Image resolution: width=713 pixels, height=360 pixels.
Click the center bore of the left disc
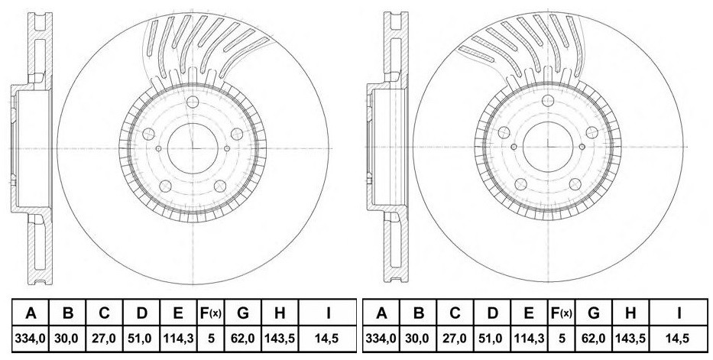tap(193, 148)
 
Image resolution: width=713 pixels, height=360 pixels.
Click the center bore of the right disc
tap(548, 148)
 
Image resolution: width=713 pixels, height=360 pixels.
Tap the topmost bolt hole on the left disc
tap(193, 102)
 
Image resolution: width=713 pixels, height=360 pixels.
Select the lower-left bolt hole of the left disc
tap(165, 186)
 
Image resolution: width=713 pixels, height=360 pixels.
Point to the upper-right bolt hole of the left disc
tap(236, 134)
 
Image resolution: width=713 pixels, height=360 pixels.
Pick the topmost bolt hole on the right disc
tap(548, 100)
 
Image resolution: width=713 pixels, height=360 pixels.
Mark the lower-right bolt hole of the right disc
tap(575, 184)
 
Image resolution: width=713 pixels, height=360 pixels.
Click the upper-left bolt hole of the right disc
tap(504, 132)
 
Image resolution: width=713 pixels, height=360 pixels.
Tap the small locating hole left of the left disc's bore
tap(158, 148)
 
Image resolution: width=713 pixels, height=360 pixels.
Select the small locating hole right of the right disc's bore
tap(582, 147)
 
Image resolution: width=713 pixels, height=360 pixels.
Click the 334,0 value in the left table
tap(31, 339)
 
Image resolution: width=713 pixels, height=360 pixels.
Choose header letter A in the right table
tap(381, 313)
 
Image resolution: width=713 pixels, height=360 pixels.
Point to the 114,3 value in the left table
tap(178, 339)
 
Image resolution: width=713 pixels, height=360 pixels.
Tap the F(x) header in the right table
tap(561, 313)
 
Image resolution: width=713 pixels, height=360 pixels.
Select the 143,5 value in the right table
tap(630, 339)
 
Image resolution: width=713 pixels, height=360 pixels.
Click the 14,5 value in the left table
tap(327, 339)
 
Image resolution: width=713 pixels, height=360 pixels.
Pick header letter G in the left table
tap(243, 313)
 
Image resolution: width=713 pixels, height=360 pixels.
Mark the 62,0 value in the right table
tap(594, 339)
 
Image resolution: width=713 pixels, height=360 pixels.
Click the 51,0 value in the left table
tap(141, 339)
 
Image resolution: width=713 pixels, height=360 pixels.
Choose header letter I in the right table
tap(679, 313)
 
